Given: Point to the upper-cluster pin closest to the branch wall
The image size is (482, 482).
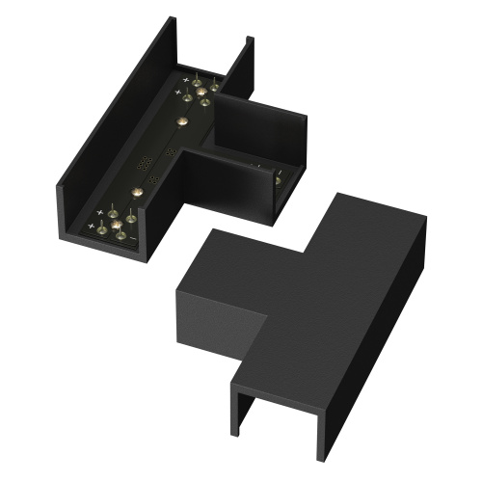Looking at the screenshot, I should [215, 87].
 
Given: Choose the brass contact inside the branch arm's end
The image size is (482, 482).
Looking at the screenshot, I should [278, 179].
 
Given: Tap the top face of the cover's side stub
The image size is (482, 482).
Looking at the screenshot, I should [241, 260].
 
